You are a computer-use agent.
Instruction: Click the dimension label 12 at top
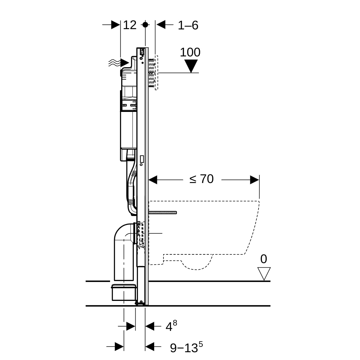click(130, 25)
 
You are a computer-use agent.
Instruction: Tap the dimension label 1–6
click(188, 25)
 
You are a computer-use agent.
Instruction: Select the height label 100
click(190, 52)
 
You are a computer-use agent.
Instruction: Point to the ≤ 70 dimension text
click(201, 179)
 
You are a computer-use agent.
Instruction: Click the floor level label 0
click(264, 259)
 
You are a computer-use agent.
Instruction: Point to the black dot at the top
click(145, 25)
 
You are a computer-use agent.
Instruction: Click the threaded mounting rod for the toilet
click(163, 212)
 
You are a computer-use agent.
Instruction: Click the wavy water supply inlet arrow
click(119, 63)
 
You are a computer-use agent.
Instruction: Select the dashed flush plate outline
click(156, 73)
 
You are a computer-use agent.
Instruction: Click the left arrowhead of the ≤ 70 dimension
click(153, 180)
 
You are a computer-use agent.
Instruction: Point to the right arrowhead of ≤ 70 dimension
click(255, 180)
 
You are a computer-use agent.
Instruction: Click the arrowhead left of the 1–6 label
click(161, 25)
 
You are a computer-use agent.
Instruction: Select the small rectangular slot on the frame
click(142, 159)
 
